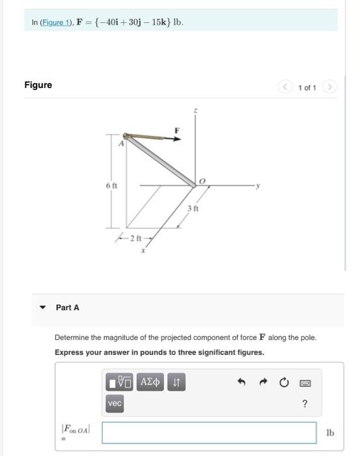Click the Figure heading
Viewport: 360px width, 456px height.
click(x=38, y=85)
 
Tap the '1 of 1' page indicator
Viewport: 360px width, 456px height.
click(x=307, y=88)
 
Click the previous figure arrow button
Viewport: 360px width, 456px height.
click(x=285, y=88)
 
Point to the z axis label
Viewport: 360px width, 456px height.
click(x=193, y=112)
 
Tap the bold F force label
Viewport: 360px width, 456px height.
click(x=175, y=130)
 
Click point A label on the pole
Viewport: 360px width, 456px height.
click(x=120, y=144)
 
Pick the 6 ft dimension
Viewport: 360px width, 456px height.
click(x=111, y=186)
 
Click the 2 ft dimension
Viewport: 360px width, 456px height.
click(x=137, y=236)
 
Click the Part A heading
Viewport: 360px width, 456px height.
click(x=68, y=307)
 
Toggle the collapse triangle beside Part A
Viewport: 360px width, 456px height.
click(x=43, y=307)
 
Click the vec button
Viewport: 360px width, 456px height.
click(x=115, y=404)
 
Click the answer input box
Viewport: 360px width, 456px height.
click(x=210, y=433)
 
